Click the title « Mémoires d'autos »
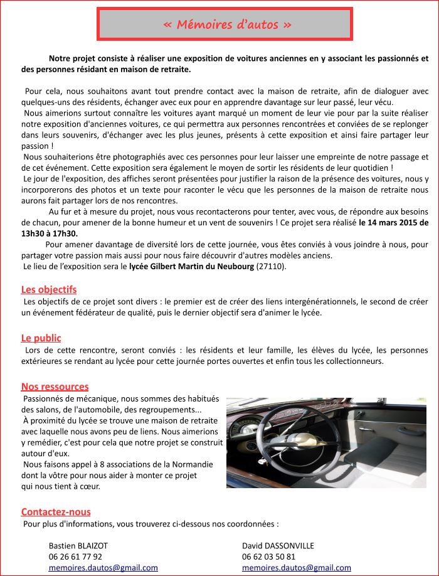click(x=226, y=24)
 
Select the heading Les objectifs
click(x=49, y=289)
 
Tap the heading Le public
click(x=41, y=338)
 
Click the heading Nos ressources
click(x=55, y=387)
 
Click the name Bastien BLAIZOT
click(x=78, y=546)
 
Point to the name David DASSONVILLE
click(x=278, y=546)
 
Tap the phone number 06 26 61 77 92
click(x=75, y=557)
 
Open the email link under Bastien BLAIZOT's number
click(x=103, y=567)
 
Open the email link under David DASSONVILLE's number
click(x=297, y=567)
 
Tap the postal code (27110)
click(x=271, y=267)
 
